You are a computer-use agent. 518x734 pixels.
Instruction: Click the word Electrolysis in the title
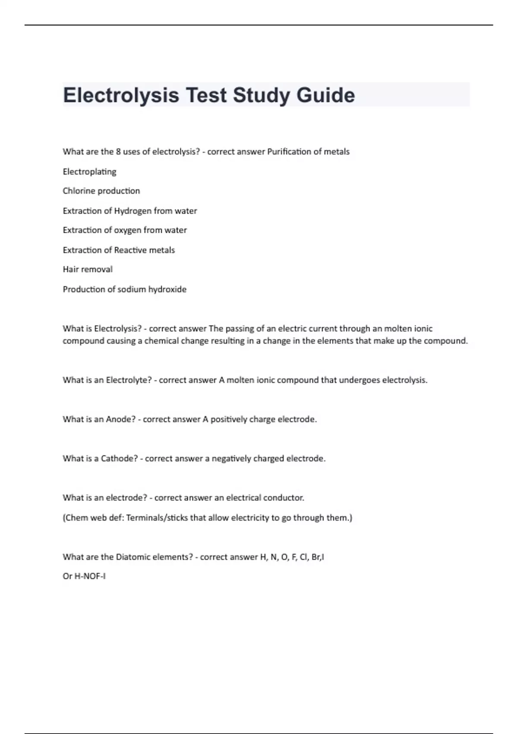[x=121, y=95]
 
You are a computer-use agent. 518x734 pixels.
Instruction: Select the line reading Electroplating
[x=89, y=172]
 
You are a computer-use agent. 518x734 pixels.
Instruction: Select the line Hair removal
[x=88, y=269]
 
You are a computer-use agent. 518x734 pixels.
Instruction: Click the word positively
[x=229, y=419]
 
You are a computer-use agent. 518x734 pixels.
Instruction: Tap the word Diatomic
[x=133, y=557]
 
